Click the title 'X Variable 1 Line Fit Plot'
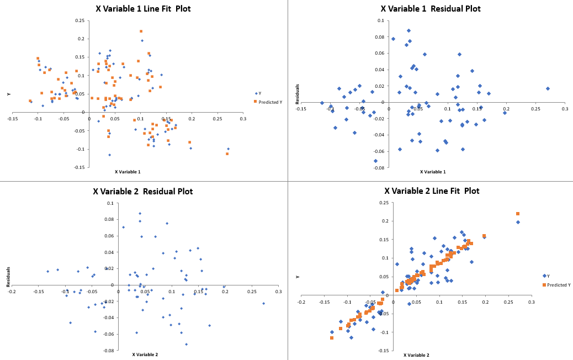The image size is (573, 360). tap(143, 9)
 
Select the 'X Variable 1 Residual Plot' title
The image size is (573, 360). tap(431, 9)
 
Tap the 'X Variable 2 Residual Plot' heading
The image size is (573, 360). tap(143, 192)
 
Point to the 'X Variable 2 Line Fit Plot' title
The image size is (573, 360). tap(432, 191)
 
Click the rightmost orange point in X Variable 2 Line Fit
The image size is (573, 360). tap(518, 214)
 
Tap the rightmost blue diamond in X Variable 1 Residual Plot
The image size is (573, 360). tap(548, 88)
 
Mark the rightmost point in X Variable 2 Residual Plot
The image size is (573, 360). tap(263, 303)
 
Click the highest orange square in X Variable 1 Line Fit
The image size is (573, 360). tap(141, 31)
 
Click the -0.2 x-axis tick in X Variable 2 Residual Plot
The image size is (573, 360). tap(11, 292)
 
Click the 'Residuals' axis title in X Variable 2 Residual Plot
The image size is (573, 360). tap(9, 277)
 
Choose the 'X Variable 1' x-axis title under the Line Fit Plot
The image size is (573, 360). tap(128, 172)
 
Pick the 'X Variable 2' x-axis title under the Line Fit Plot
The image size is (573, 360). tap(416, 355)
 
